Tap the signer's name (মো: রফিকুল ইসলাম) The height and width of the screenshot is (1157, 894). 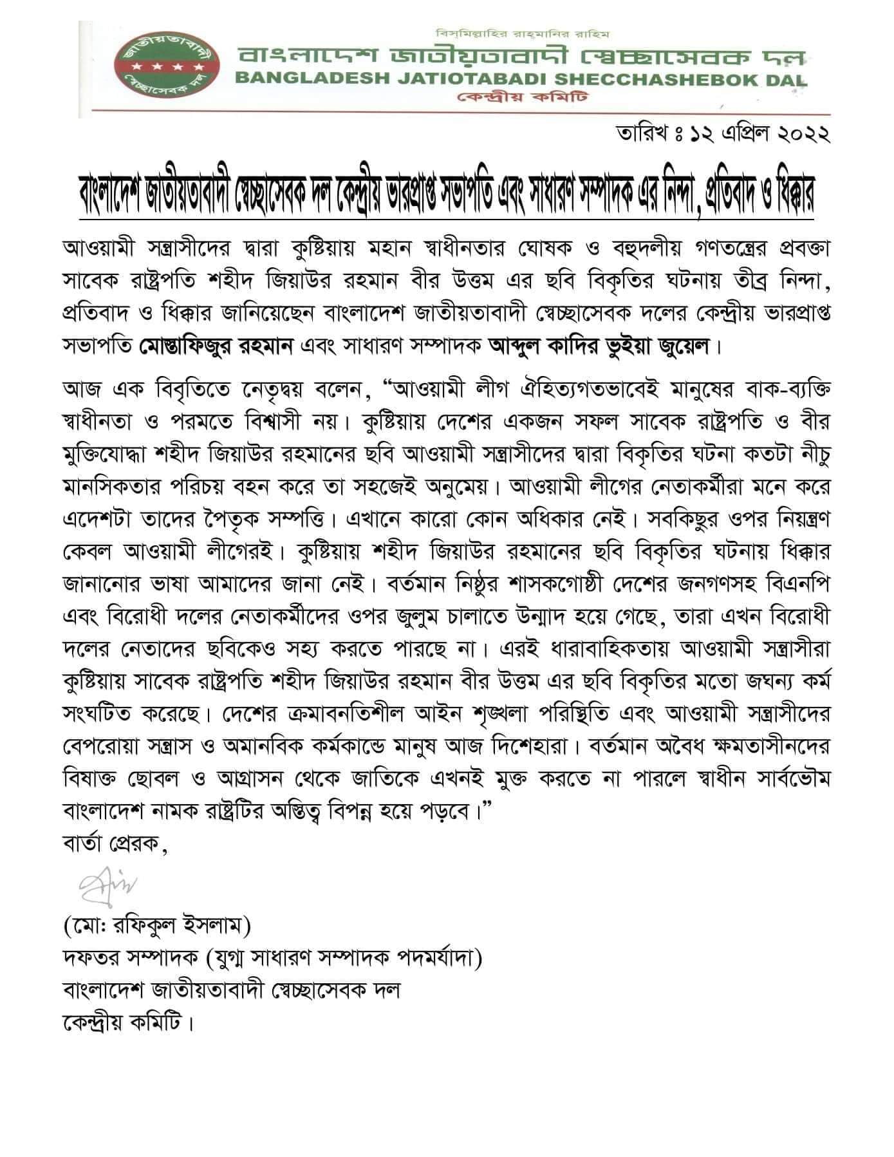156,927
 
